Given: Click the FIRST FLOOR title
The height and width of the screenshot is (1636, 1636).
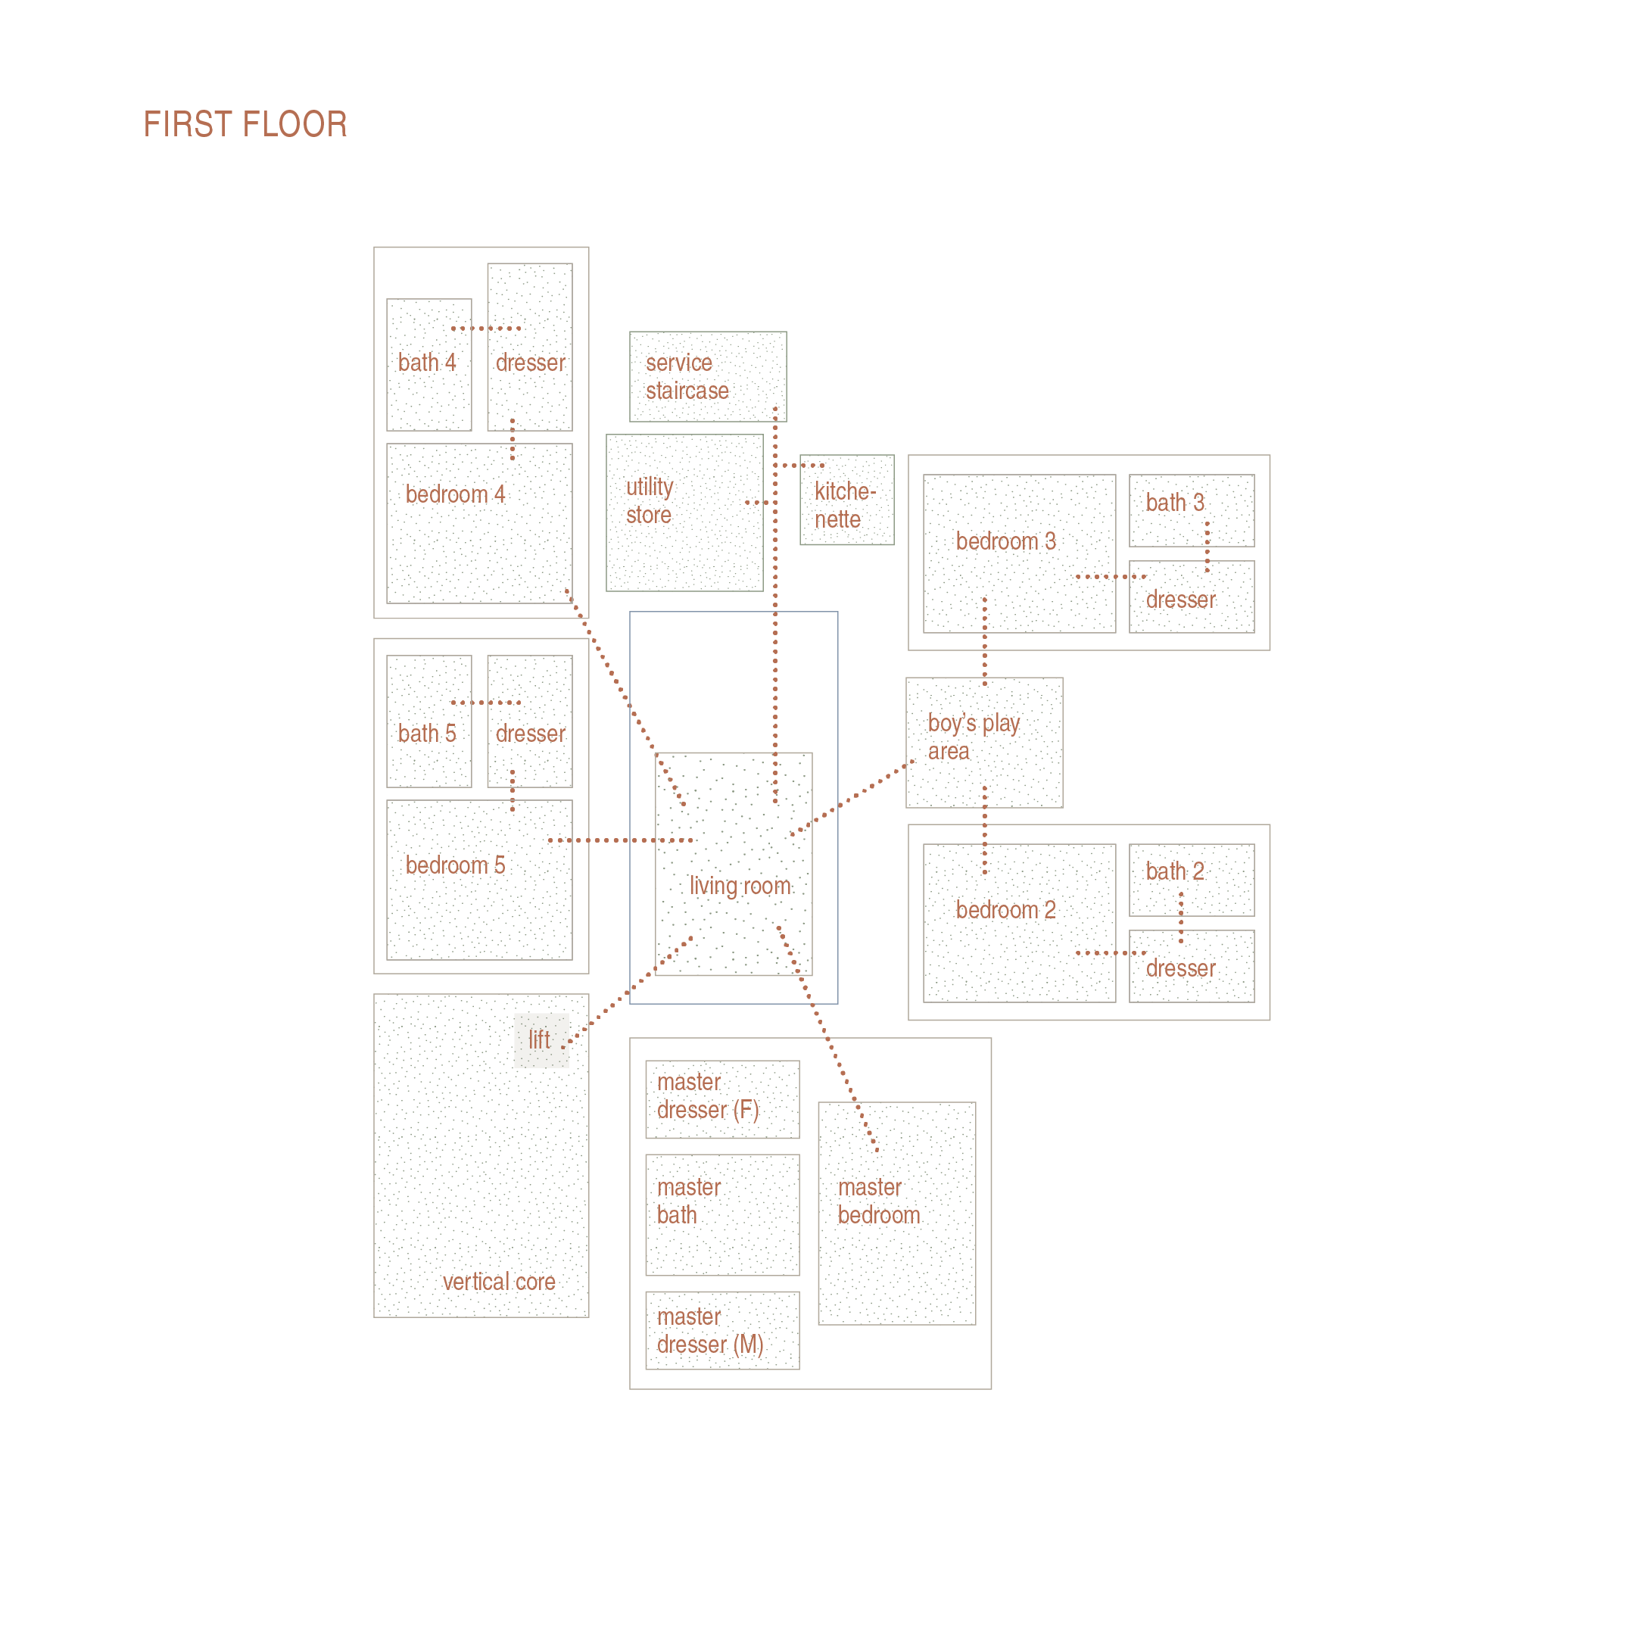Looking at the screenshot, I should coord(245,124).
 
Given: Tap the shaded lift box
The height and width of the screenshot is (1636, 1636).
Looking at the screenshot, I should coord(541,1040).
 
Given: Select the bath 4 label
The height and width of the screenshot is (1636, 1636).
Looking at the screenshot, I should coord(427,363).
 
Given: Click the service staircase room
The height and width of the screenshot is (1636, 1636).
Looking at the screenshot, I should coord(707,377).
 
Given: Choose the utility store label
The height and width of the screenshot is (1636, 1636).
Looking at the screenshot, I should coord(650,501).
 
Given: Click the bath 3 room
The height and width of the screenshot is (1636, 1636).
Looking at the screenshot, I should coord(1191,510).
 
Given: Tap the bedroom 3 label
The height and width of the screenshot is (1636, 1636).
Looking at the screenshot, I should coord(1005,541).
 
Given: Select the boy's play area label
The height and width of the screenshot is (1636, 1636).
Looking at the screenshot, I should coord(973,737).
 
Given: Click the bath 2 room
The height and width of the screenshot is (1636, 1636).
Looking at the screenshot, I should coord(1191,880).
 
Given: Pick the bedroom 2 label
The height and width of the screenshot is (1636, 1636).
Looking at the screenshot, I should coord(1005,910).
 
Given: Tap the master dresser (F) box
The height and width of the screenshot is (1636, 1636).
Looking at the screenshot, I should coord(721,1099).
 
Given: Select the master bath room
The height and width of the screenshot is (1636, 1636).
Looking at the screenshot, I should coord(721,1214).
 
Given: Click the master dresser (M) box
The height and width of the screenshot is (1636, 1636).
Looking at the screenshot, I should coord(721,1330).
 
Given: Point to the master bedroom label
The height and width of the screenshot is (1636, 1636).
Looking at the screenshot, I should coord(878,1201).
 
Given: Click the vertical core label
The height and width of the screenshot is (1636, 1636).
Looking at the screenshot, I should coord(499,1282).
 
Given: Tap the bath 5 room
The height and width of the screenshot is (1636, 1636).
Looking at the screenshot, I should coord(428,721).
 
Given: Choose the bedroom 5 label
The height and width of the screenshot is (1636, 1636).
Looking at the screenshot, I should coord(455,865).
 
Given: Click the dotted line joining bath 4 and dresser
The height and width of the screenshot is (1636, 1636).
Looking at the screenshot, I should coord(485,329).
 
